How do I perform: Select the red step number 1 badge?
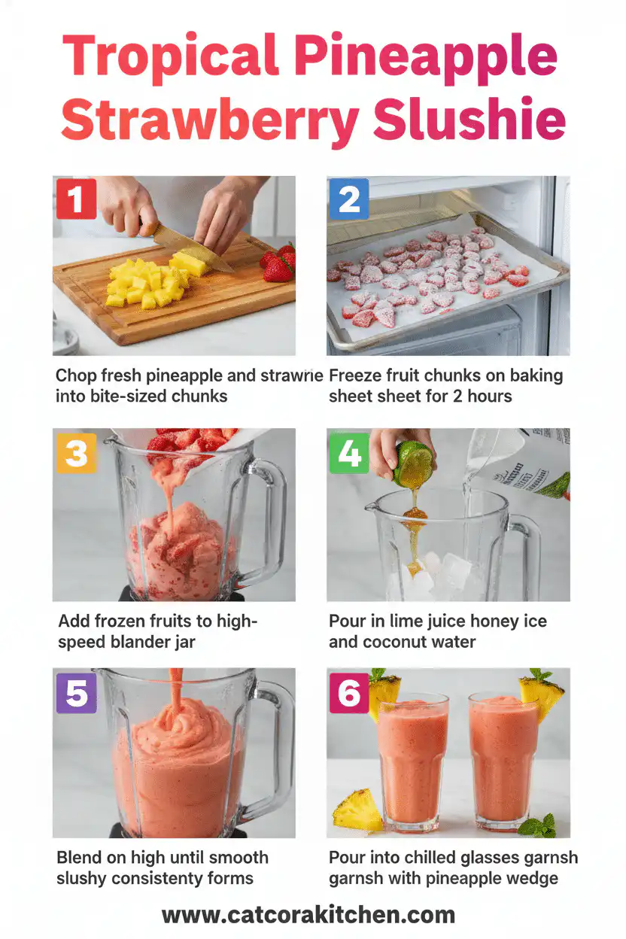point(76,199)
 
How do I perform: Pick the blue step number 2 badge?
point(349,199)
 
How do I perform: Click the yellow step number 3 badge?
point(76,453)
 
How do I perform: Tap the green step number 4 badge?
point(349,453)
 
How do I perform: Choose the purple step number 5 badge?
point(76,692)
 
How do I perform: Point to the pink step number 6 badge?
point(349,692)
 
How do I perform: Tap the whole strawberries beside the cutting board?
point(279,263)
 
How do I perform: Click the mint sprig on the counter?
point(540,827)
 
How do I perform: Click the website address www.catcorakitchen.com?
point(308,915)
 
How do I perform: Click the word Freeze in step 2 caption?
point(357,375)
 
